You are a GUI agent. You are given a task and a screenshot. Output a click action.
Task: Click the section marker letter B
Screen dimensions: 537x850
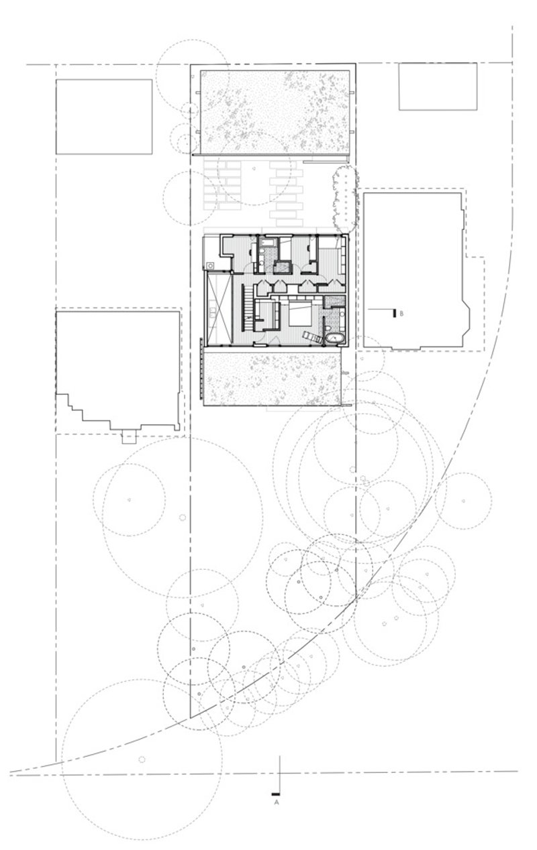[401, 314]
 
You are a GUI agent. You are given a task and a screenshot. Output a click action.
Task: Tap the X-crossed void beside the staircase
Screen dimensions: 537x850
[219, 308]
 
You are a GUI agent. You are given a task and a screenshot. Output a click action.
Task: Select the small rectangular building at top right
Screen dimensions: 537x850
[438, 86]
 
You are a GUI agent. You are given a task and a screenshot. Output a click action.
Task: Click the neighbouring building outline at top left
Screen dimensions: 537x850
[104, 117]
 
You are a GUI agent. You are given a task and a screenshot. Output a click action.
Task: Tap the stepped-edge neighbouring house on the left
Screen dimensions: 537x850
[118, 370]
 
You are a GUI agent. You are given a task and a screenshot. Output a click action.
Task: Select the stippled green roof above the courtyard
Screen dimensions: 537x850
[275, 112]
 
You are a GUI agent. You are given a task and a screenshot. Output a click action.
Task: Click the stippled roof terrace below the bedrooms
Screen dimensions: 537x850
[272, 377]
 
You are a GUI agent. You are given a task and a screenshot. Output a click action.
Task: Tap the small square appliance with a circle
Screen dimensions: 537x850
[209, 265]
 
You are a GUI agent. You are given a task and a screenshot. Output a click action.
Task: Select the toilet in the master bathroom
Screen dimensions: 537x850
[328, 328]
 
